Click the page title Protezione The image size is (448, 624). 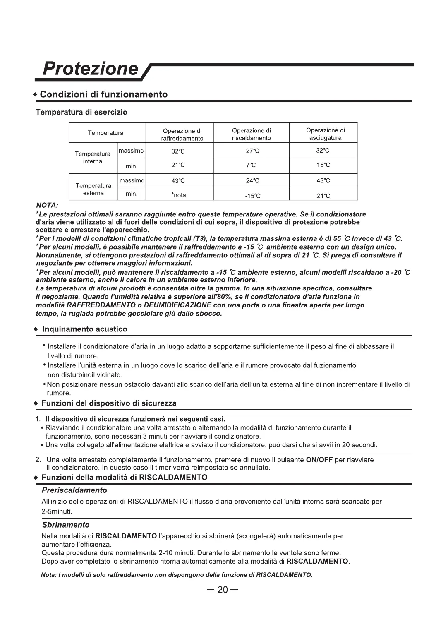91,69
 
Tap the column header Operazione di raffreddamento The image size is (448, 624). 182,134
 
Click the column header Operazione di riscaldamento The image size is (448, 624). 252,134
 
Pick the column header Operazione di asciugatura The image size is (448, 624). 325,134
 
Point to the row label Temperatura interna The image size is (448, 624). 93,158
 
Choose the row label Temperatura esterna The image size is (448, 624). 93,190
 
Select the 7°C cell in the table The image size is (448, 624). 251,165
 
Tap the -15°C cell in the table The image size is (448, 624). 252,196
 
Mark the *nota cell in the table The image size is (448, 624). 179,195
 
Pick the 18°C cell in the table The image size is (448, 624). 323,165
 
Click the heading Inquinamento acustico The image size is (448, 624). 85,329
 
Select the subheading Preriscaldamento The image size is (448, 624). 74,490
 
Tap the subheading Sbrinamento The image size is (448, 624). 66,525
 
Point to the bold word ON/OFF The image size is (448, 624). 319,460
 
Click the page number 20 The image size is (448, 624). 223,590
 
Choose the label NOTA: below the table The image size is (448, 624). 47,205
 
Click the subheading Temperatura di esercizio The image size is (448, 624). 81,112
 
